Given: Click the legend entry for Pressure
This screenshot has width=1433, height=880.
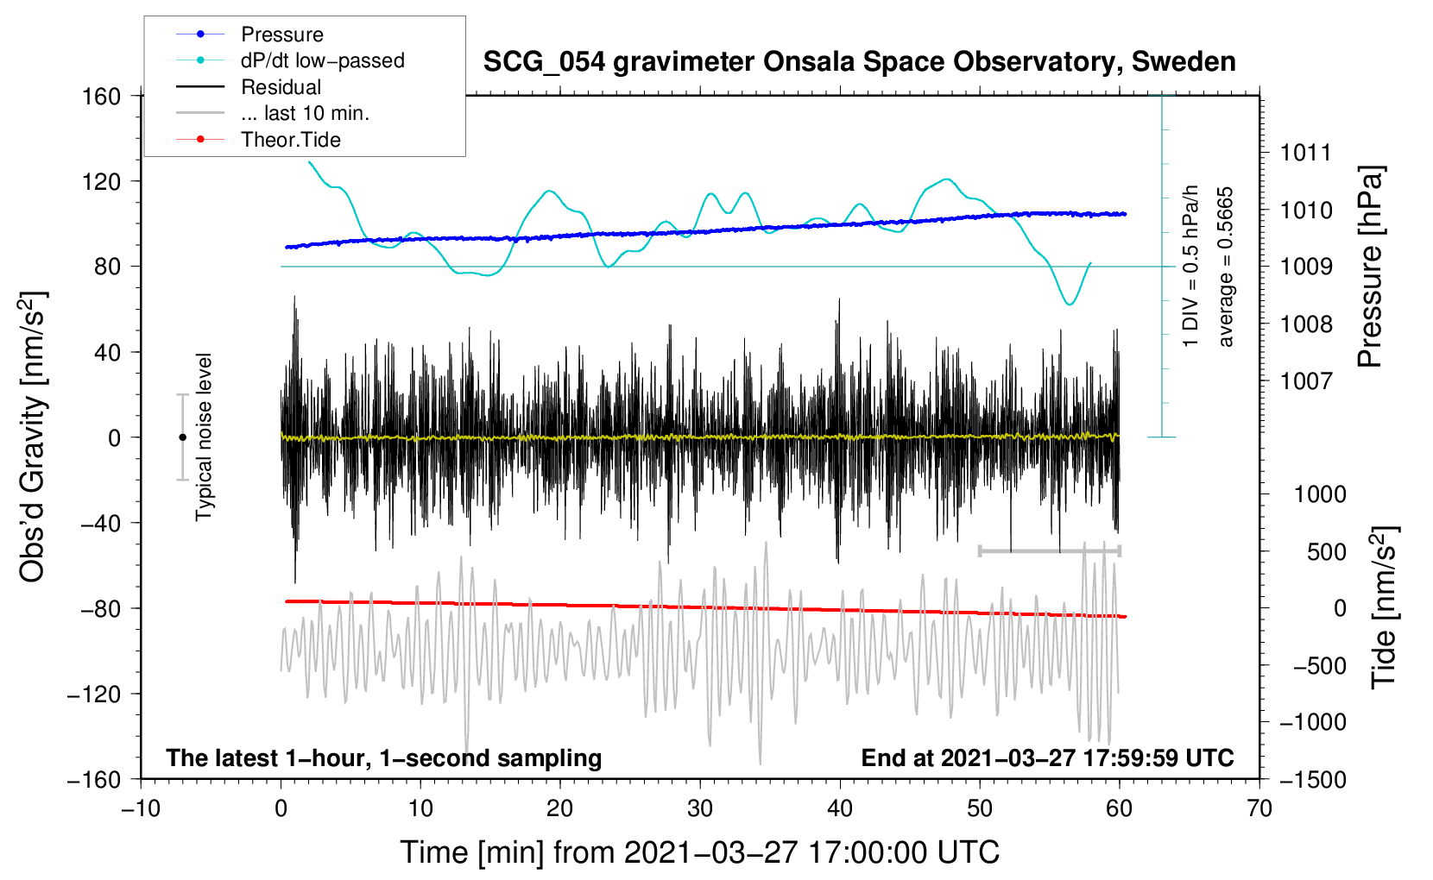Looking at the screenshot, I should tap(281, 35).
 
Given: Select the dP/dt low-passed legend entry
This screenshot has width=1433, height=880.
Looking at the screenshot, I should tap(322, 60).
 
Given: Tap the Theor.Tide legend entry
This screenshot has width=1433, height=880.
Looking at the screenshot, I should tap(290, 140).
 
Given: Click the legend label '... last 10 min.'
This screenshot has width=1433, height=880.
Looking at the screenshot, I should tap(305, 113).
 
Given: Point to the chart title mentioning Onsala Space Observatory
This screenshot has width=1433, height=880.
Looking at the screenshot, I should tap(859, 62).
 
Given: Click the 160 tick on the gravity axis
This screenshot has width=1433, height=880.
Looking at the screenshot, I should tap(102, 96).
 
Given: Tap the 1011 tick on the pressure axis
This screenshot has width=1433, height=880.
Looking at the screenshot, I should tap(1306, 153).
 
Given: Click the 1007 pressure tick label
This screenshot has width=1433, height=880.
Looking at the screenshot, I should tap(1306, 380).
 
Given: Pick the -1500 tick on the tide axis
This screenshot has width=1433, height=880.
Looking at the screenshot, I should tap(1312, 779).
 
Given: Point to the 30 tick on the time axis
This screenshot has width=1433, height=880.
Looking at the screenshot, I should tap(700, 808).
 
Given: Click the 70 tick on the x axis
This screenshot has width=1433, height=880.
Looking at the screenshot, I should tap(1259, 808).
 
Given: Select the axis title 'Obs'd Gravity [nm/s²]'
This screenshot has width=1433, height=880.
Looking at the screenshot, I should tap(33, 437).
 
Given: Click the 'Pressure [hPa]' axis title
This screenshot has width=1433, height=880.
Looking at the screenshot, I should tap(1370, 267).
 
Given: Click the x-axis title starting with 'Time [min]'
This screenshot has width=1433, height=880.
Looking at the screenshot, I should tap(700, 852).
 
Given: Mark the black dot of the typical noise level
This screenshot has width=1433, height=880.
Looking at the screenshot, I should tap(183, 437).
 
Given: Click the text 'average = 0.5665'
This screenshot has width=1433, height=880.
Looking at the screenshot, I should tap(1226, 267).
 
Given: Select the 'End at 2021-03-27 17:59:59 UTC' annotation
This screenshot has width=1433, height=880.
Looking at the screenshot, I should tap(1047, 757).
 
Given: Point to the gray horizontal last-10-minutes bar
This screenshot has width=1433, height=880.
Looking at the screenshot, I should tap(1049, 550).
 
